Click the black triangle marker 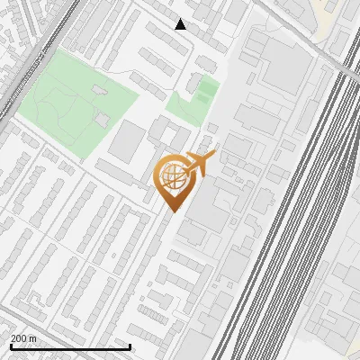coord(181,24)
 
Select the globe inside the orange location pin coord(171,178)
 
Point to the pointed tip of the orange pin coord(172,211)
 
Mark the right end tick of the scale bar coord(130,346)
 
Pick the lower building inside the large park coord(103,118)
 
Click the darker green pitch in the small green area coord(208,91)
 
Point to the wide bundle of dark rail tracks coord(297,225)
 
